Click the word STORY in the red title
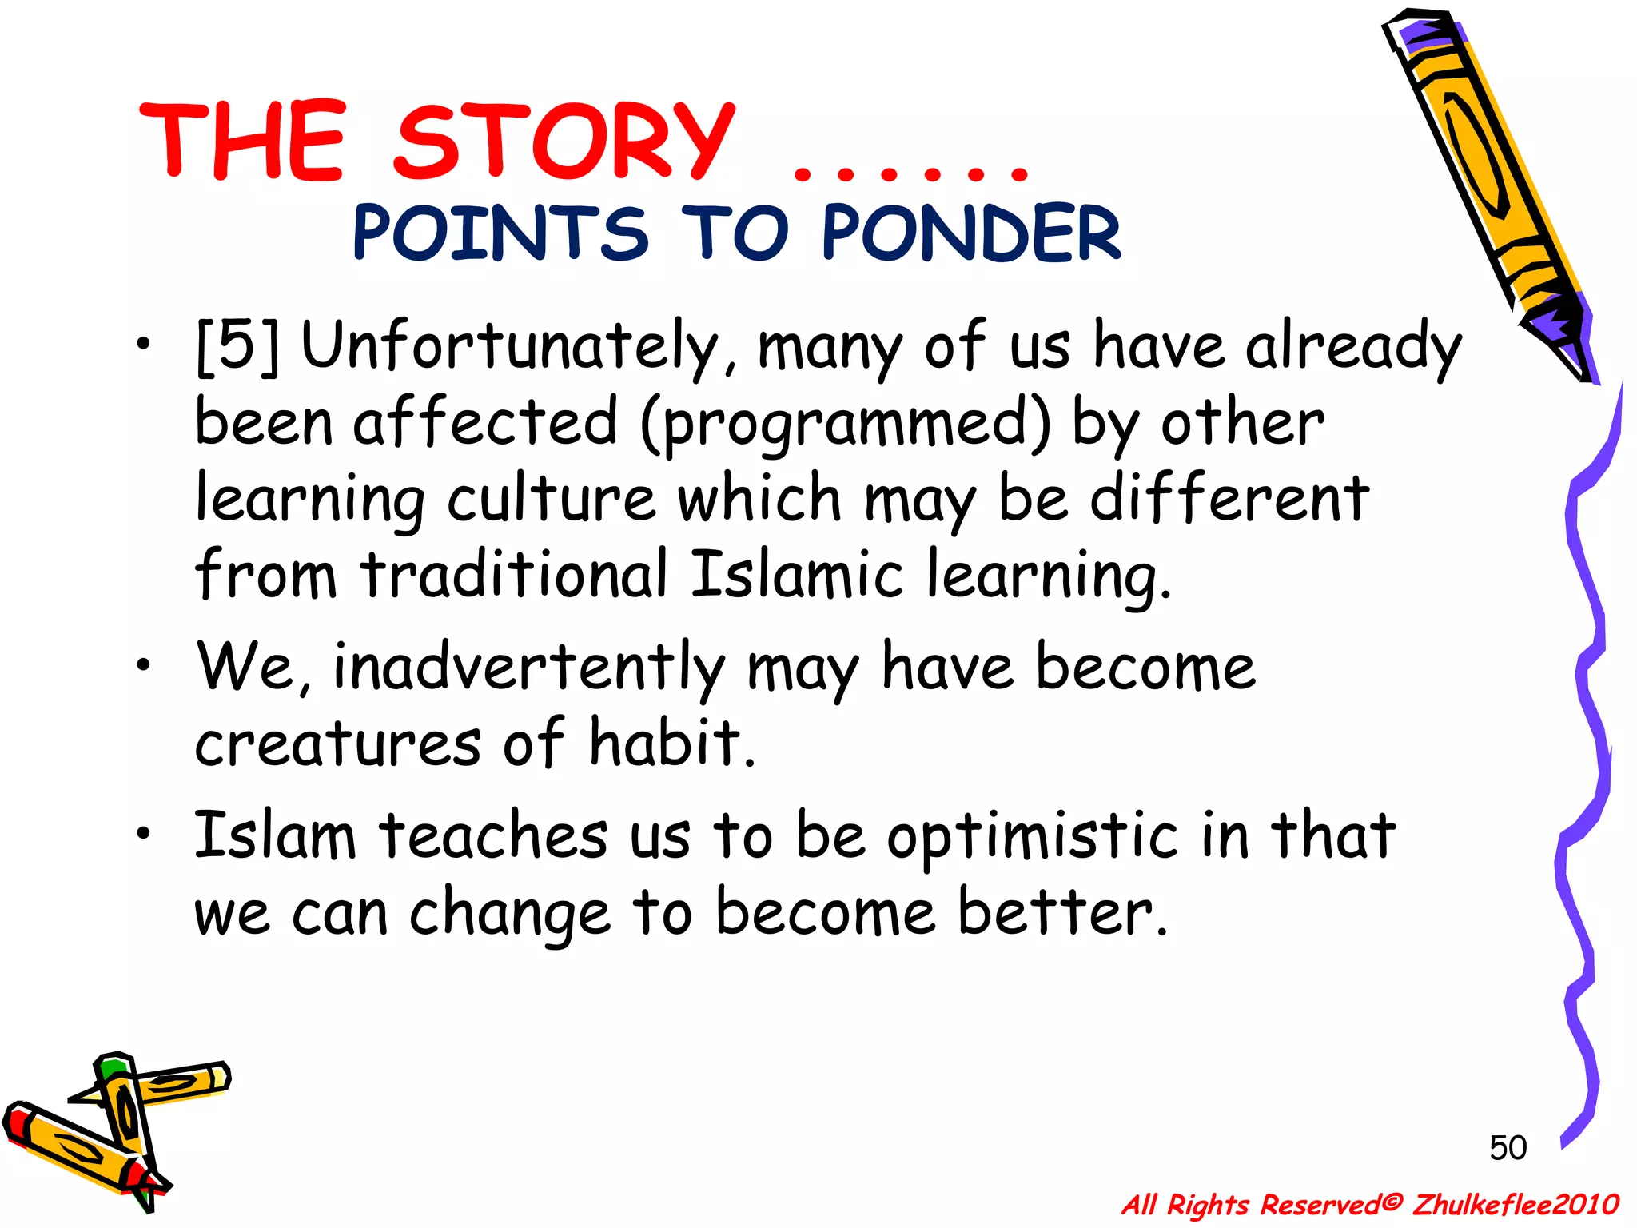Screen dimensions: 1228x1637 [x=564, y=142]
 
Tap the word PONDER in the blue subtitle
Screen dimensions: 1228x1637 [x=970, y=233]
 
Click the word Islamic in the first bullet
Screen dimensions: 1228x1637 [x=796, y=574]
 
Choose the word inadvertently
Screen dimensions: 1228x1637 [x=528, y=668]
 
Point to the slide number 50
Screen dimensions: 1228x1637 [x=1508, y=1148]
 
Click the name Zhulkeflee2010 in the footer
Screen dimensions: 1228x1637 [x=1516, y=1204]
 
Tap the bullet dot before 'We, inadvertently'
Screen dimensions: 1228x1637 [x=143, y=665]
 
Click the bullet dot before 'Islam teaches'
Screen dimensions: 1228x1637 [x=143, y=834]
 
